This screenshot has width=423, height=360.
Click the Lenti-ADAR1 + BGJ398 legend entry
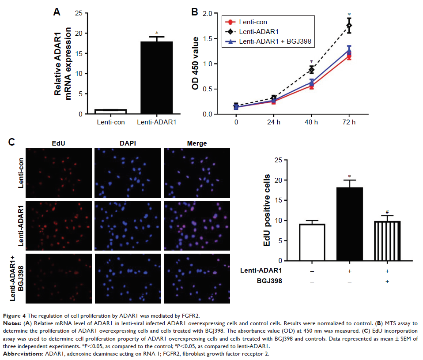tap(275, 41)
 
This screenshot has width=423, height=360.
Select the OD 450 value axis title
tap(195, 64)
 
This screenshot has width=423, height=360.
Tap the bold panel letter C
tap(12, 142)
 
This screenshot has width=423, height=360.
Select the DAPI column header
tap(127, 143)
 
